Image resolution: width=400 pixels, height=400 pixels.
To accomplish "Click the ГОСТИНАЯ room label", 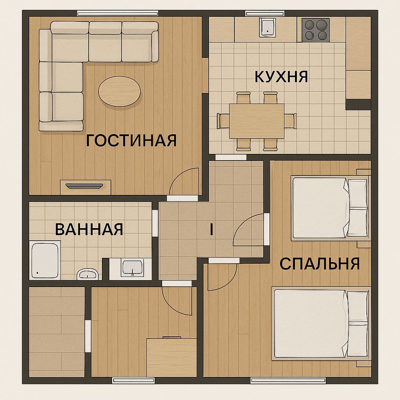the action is pyautogui.click(x=131, y=140).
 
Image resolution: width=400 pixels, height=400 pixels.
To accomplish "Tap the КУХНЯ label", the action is pyautogui.click(x=281, y=76).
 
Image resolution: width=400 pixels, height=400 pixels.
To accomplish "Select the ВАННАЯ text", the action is pyautogui.click(x=89, y=229).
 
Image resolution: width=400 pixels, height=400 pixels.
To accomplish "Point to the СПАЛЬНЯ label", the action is pyautogui.click(x=320, y=264).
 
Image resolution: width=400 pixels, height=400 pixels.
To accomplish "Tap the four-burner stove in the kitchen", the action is pyautogui.click(x=316, y=30).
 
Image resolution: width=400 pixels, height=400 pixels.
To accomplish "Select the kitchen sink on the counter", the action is pyautogui.click(x=268, y=27).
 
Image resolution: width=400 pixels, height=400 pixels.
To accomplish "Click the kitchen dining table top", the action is pyautogui.click(x=257, y=121).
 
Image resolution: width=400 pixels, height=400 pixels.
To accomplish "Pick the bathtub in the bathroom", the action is pyautogui.click(x=45, y=260).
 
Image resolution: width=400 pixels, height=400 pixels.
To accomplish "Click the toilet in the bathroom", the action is pyautogui.click(x=87, y=274).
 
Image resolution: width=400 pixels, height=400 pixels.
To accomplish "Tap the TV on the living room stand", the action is pyautogui.click(x=84, y=186).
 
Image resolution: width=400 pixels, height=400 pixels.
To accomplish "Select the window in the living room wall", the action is pyautogui.click(x=118, y=13).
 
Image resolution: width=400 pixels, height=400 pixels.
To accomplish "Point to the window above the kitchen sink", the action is pyautogui.click(x=265, y=13).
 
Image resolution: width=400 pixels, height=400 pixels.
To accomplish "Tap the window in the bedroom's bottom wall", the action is pyautogui.click(x=288, y=380).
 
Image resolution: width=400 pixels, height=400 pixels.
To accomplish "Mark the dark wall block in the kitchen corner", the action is pyautogui.click(x=358, y=105).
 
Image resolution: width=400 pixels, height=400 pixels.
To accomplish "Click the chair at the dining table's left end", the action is pyautogui.click(x=223, y=121).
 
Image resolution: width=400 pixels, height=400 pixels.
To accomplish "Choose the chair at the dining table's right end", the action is pyautogui.click(x=291, y=121).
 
